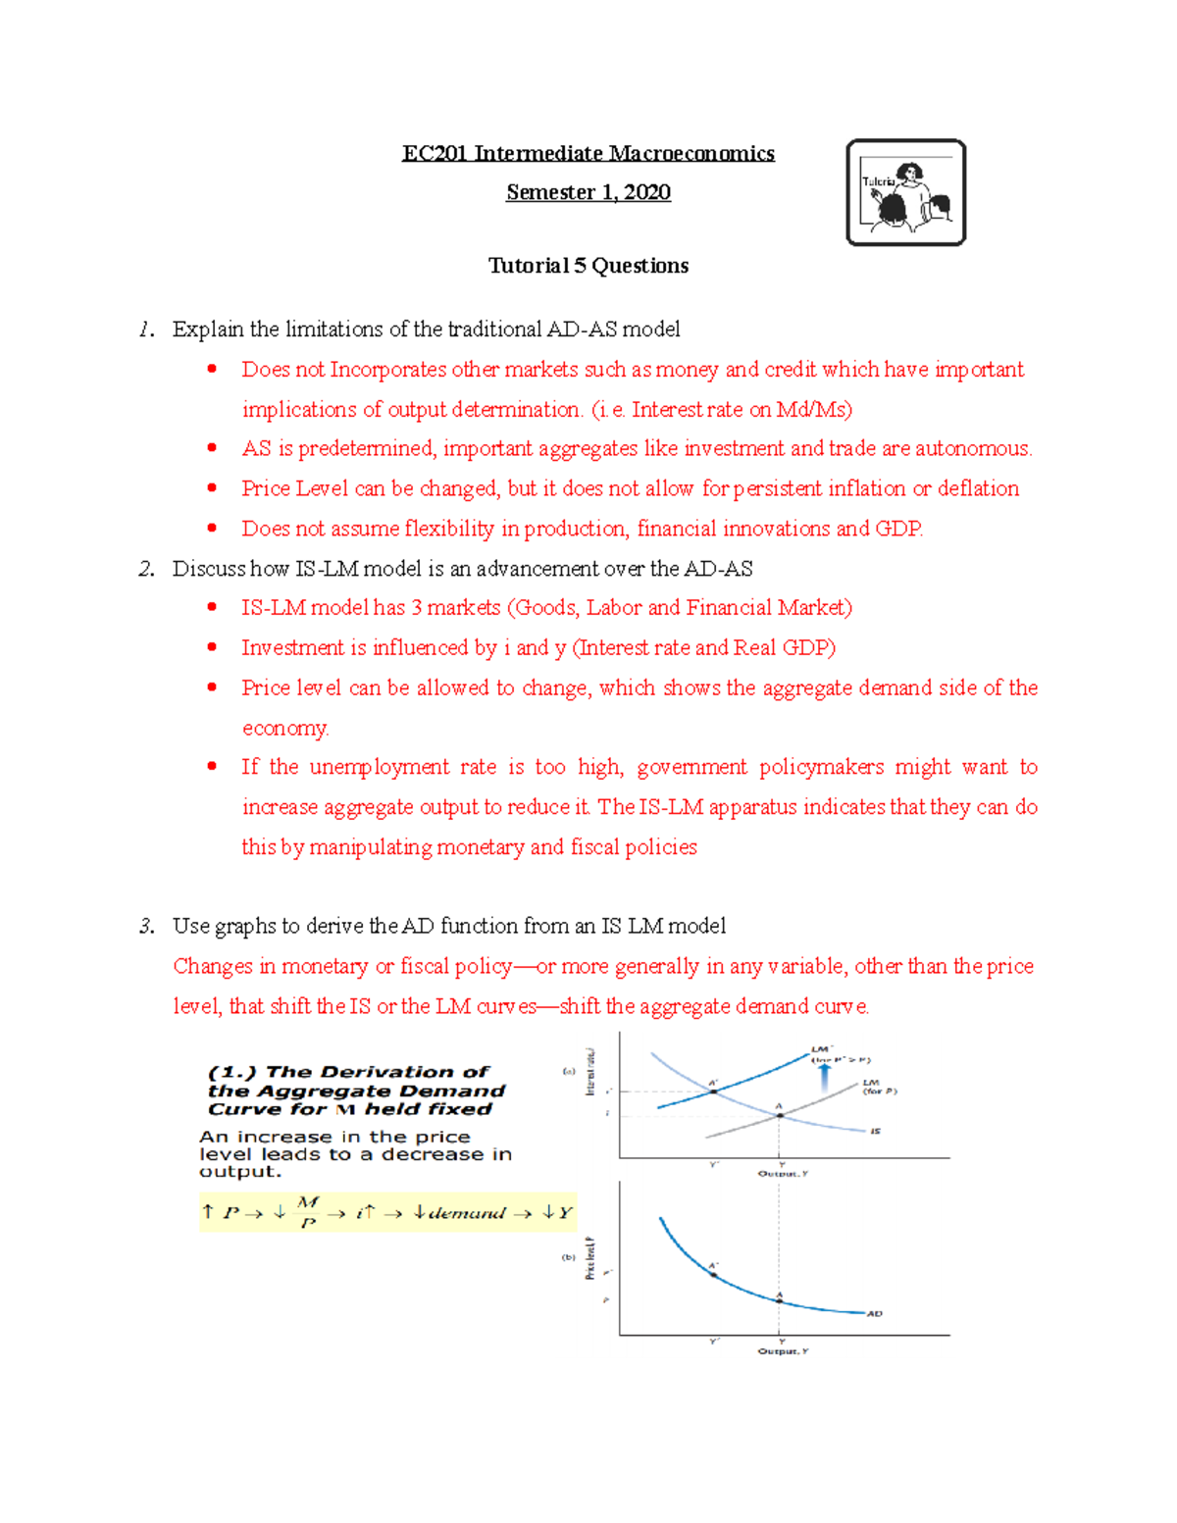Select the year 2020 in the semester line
pyautogui.click(x=646, y=192)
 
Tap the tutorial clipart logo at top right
pyautogui.click(x=905, y=192)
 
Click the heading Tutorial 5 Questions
pyautogui.click(x=588, y=266)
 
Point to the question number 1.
pyautogui.click(x=145, y=330)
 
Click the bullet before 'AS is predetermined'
pyautogui.click(x=212, y=448)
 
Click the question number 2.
pyautogui.click(x=146, y=569)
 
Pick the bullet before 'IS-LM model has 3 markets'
pyautogui.click(x=212, y=608)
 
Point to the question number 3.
pyautogui.click(x=146, y=926)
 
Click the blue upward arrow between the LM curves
pyautogui.click(x=824, y=1077)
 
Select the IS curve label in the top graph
pyautogui.click(x=875, y=1131)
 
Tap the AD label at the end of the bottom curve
pyautogui.click(x=874, y=1313)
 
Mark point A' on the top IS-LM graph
pyautogui.click(x=714, y=1091)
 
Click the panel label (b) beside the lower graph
pyautogui.click(x=568, y=1257)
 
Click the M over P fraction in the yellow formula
pyautogui.click(x=308, y=1212)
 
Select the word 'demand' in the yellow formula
pyautogui.click(x=467, y=1213)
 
